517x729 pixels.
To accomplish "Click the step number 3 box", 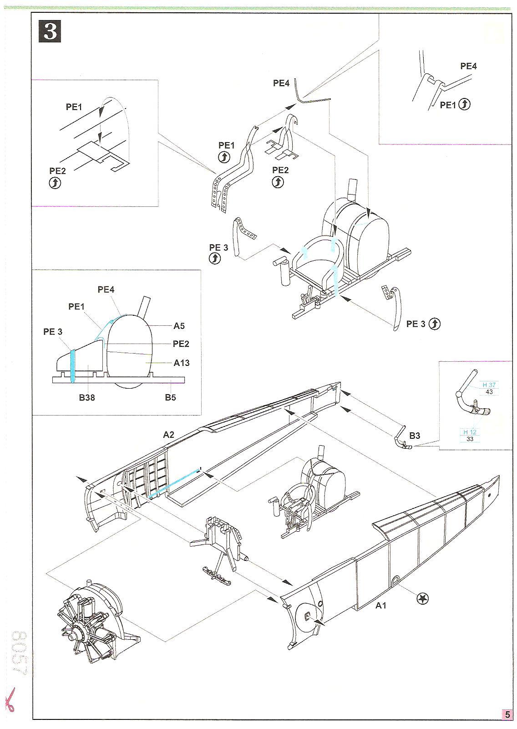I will [x=50, y=31].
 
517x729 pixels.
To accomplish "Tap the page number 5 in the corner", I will [x=507, y=714].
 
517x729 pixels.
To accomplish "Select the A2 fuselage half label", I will [x=168, y=435].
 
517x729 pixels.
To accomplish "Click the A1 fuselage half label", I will [x=381, y=606].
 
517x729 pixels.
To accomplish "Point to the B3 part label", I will [x=414, y=436].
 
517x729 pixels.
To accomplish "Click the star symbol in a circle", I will [x=423, y=599].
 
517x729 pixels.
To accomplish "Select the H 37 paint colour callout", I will [x=489, y=385].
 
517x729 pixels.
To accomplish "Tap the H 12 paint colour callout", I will [x=470, y=432].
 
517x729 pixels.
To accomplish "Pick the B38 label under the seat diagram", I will [x=87, y=397].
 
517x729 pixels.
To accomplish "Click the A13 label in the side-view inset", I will [x=182, y=363].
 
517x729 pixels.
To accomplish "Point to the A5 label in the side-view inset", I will [x=179, y=326].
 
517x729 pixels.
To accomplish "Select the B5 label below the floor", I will [x=170, y=397].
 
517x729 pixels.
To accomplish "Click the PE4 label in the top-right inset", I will [x=468, y=66].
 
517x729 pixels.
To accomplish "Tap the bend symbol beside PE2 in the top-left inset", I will [x=55, y=183].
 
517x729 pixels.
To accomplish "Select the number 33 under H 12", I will [x=470, y=439].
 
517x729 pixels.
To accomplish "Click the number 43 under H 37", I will [x=489, y=392].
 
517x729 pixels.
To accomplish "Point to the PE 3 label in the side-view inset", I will [x=53, y=332].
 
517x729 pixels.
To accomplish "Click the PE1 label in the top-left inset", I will [x=74, y=107].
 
